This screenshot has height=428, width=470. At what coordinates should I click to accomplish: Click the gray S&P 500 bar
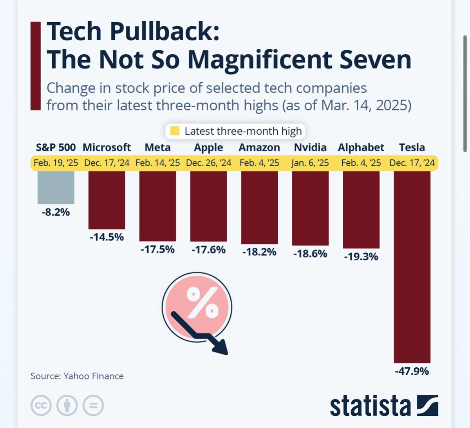56,187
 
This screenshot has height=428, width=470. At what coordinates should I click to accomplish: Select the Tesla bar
412,266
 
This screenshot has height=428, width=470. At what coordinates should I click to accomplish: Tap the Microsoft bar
107,200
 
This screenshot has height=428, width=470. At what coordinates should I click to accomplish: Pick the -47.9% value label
412,371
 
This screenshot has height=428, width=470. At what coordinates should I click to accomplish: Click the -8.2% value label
56,212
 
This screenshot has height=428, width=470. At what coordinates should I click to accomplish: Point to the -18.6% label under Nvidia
310,254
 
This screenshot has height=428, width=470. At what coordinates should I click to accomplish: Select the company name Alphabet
361,148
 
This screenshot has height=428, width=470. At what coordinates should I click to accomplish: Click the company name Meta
157,148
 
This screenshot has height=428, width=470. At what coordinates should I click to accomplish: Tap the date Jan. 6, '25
310,163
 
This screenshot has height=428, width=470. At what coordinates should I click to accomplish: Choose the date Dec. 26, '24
208,163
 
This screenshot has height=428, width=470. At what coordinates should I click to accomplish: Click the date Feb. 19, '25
56,163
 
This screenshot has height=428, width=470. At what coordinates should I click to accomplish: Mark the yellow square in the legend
175,131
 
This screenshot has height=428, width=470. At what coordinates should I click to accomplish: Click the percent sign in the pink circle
202,302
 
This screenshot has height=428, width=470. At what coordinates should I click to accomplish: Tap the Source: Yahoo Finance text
77,376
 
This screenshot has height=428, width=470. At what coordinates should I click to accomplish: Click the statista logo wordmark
370,406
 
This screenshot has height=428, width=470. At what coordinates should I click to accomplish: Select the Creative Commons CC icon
41,405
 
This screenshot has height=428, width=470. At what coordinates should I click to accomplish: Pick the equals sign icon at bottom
93,405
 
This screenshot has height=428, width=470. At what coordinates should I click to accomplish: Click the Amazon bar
259,208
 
